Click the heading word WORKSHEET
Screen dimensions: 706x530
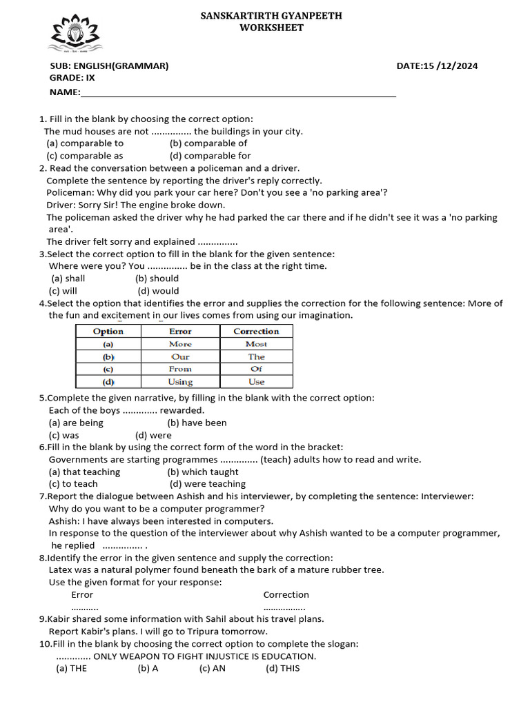(x=271, y=28)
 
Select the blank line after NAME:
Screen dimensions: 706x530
(x=238, y=93)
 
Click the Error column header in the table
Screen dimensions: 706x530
(x=180, y=331)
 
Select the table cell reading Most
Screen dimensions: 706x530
(x=256, y=344)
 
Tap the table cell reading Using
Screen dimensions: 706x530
(x=180, y=382)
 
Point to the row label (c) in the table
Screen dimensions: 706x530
(x=108, y=369)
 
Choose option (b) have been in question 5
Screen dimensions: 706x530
(x=197, y=423)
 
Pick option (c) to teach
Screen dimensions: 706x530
(x=73, y=484)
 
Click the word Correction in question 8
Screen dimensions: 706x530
(x=286, y=594)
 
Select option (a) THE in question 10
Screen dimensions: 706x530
(x=71, y=668)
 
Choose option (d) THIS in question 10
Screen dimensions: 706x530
(x=283, y=668)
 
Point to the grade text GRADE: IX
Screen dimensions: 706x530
(x=72, y=78)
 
